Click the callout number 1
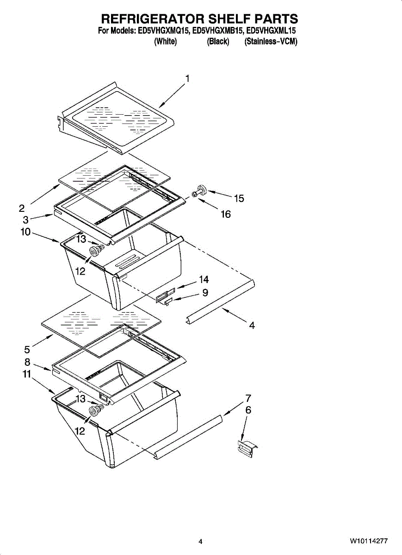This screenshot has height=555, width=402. click(x=187, y=79)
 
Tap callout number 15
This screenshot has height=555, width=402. click(x=239, y=199)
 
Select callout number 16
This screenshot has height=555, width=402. click(x=226, y=215)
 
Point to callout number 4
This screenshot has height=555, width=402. click(x=252, y=326)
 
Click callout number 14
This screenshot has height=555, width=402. click(x=204, y=279)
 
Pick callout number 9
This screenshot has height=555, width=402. click(x=205, y=293)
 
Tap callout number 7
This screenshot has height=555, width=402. click(x=248, y=398)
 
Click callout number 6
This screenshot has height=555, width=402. click(x=248, y=410)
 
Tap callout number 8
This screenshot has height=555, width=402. click(x=27, y=362)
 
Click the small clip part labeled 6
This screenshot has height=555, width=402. click(x=246, y=448)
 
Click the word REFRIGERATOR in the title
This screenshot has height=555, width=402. click(x=152, y=19)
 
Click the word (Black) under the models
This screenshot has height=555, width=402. click(x=218, y=42)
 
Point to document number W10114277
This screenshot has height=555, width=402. click(x=369, y=541)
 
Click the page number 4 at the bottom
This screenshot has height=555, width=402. click(x=200, y=542)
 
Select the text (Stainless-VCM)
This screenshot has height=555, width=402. click(x=271, y=42)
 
